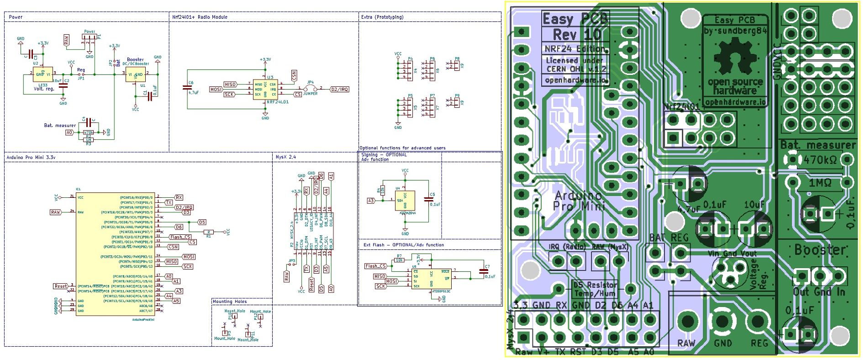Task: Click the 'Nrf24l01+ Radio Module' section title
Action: [x=200, y=17]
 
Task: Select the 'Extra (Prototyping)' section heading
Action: [x=382, y=17]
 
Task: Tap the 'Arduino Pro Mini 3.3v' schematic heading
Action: [x=31, y=157]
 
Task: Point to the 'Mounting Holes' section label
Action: [x=230, y=302]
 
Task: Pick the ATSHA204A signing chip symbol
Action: [x=405, y=201]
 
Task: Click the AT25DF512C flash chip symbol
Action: [x=431, y=279]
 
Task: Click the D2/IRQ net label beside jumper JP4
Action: [x=339, y=89]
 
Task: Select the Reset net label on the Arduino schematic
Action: [x=60, y=286]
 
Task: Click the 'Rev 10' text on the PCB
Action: [x=576, y=35]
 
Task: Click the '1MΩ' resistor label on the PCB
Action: [x=820, y=183]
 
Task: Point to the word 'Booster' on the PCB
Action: [x=820, y=249]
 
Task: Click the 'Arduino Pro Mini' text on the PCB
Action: [x=578, y=201]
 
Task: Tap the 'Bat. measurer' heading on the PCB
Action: [x=818, y=145]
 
